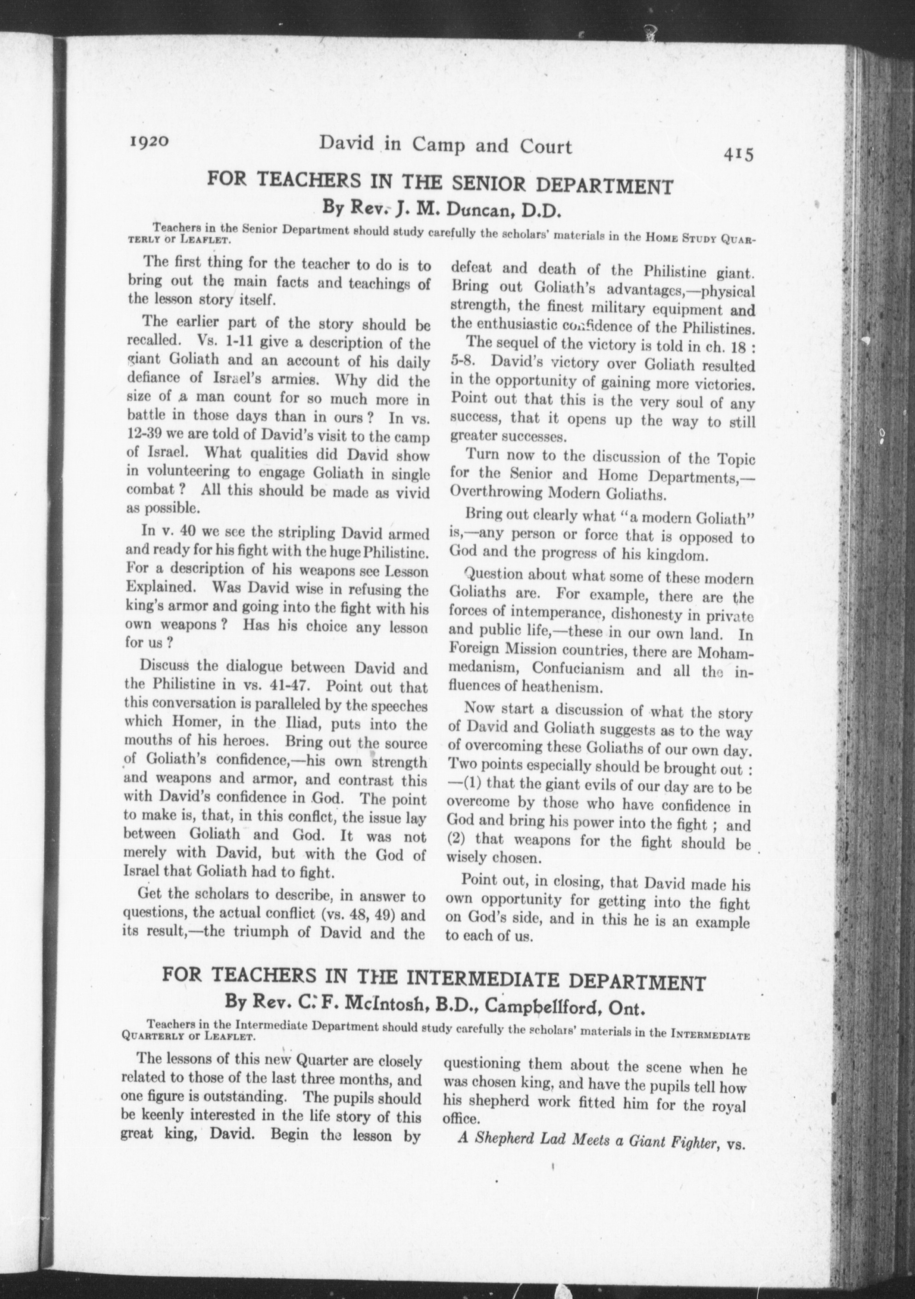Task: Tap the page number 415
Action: pos(738,154)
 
